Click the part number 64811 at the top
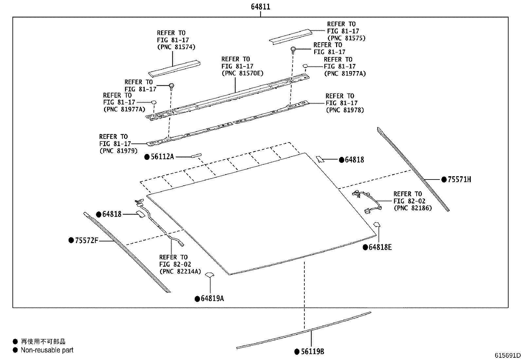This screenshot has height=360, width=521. [x=260, y=7]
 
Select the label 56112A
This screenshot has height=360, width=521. [x=162, y=157]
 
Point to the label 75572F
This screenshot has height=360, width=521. [x=86, y=240]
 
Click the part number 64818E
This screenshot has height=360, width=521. [x=380, y=247]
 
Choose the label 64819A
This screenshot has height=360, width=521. [x=212, y=299]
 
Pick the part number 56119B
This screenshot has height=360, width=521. [x=312, y=352]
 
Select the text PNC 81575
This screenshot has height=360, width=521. [x=346, y=38]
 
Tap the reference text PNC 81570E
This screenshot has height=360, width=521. [x=242, y=73]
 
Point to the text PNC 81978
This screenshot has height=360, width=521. [x=345, y=110]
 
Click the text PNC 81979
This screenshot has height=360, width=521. [x=118, y=151]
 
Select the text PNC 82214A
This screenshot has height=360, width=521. [x=180, y=271]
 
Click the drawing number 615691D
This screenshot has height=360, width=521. [x=507, y=356]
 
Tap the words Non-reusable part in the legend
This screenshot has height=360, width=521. [x=47, y=350]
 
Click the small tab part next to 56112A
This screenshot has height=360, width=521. [x=196, y=155]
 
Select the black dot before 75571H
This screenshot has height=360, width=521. [x=444, y=180]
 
